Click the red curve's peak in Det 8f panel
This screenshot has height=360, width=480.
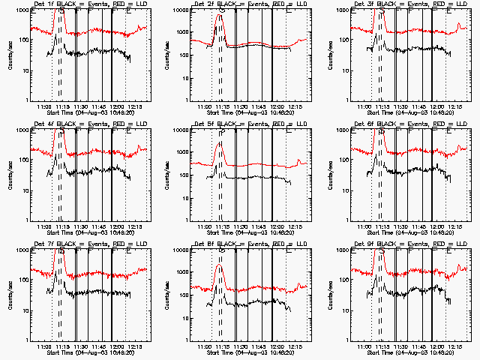tap(219, 265)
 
